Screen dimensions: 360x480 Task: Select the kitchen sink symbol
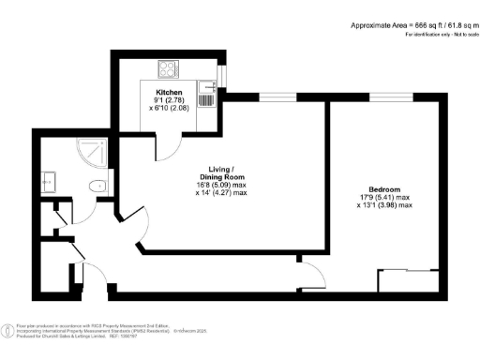210,94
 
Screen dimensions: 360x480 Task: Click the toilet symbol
93,187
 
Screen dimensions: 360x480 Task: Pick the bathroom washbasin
52,182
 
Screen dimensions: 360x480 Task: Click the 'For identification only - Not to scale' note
439,34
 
